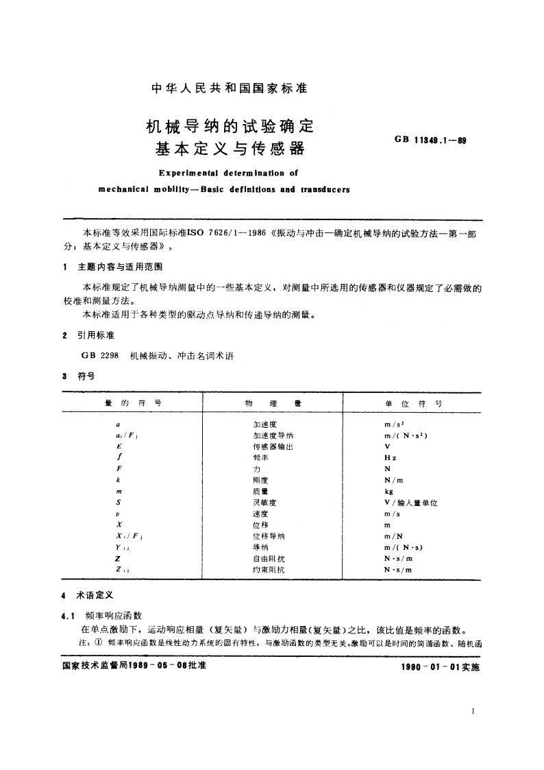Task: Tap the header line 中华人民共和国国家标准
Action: (229, 88)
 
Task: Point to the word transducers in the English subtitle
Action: (325, 189)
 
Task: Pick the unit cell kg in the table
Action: (388, 492)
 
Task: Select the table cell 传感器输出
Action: (273, 446)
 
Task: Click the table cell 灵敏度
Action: (264, 503)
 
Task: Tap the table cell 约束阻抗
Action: (267, 570)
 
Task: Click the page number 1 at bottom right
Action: (473, 712)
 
